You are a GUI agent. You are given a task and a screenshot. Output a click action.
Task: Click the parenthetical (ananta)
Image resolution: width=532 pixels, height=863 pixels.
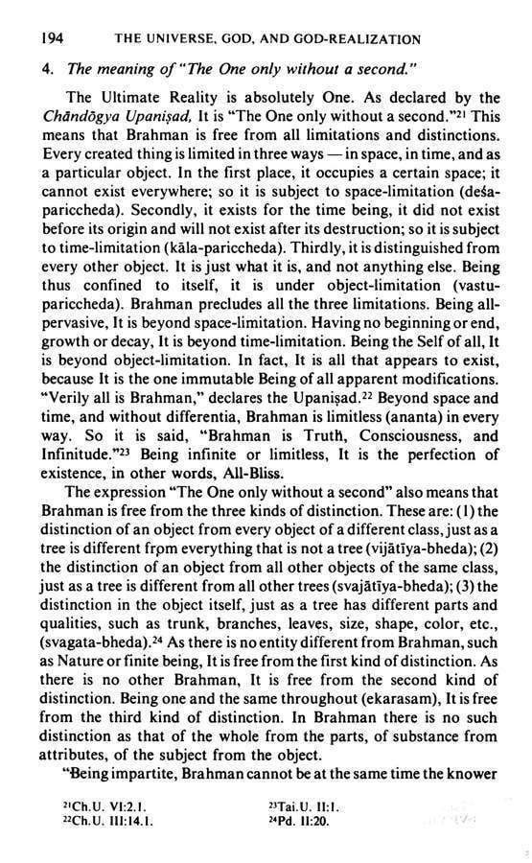coord(408,412)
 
